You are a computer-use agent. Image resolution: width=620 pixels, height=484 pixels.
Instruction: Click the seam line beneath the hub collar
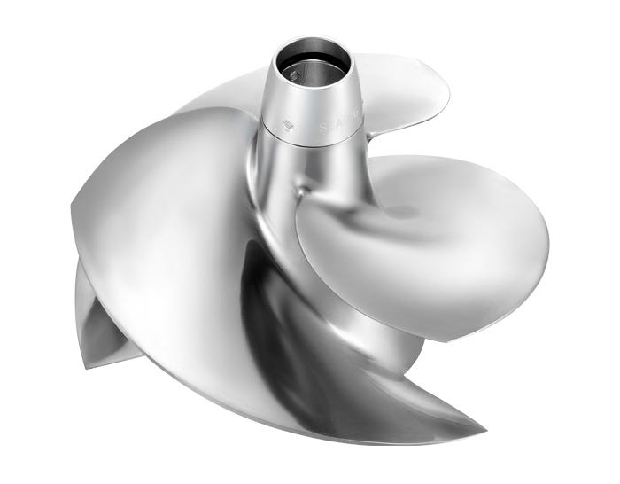(310, 142)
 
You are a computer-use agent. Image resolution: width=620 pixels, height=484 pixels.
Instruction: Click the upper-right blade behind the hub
(399, 84)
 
